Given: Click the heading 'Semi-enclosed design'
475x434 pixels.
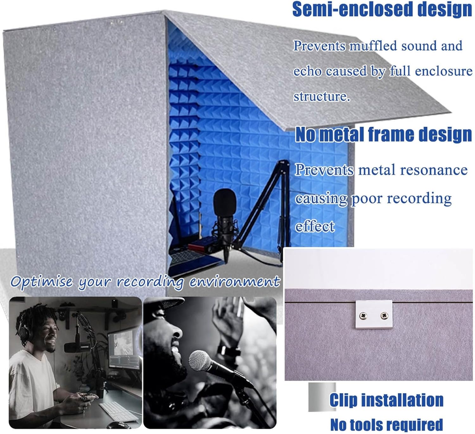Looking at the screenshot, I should tap(382, 10).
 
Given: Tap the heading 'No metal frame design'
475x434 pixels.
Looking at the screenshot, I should tap(383, 134).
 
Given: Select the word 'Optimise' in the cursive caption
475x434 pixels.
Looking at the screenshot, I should tap(41, 282).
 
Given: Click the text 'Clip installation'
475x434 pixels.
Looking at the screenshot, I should tap(386, 400).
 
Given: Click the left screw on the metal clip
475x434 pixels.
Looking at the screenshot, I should tap(363, 315).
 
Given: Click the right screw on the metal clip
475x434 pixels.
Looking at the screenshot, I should tap(384, 315).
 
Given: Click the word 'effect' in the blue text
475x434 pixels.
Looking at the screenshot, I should tap(315, 226).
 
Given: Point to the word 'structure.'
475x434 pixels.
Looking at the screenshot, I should tap(322, 96).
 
